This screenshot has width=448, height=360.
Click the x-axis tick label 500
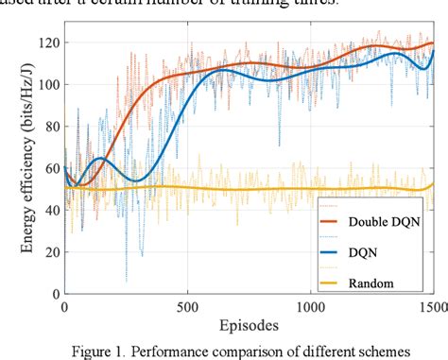[187, 307]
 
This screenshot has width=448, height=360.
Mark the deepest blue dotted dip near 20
[126, 281]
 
